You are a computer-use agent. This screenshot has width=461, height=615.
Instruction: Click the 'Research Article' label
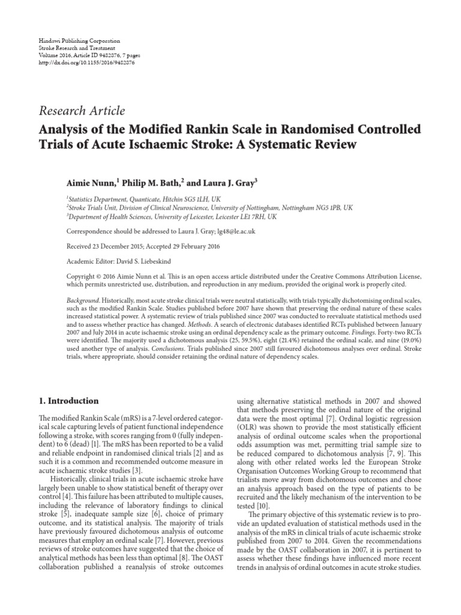[82, 111]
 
